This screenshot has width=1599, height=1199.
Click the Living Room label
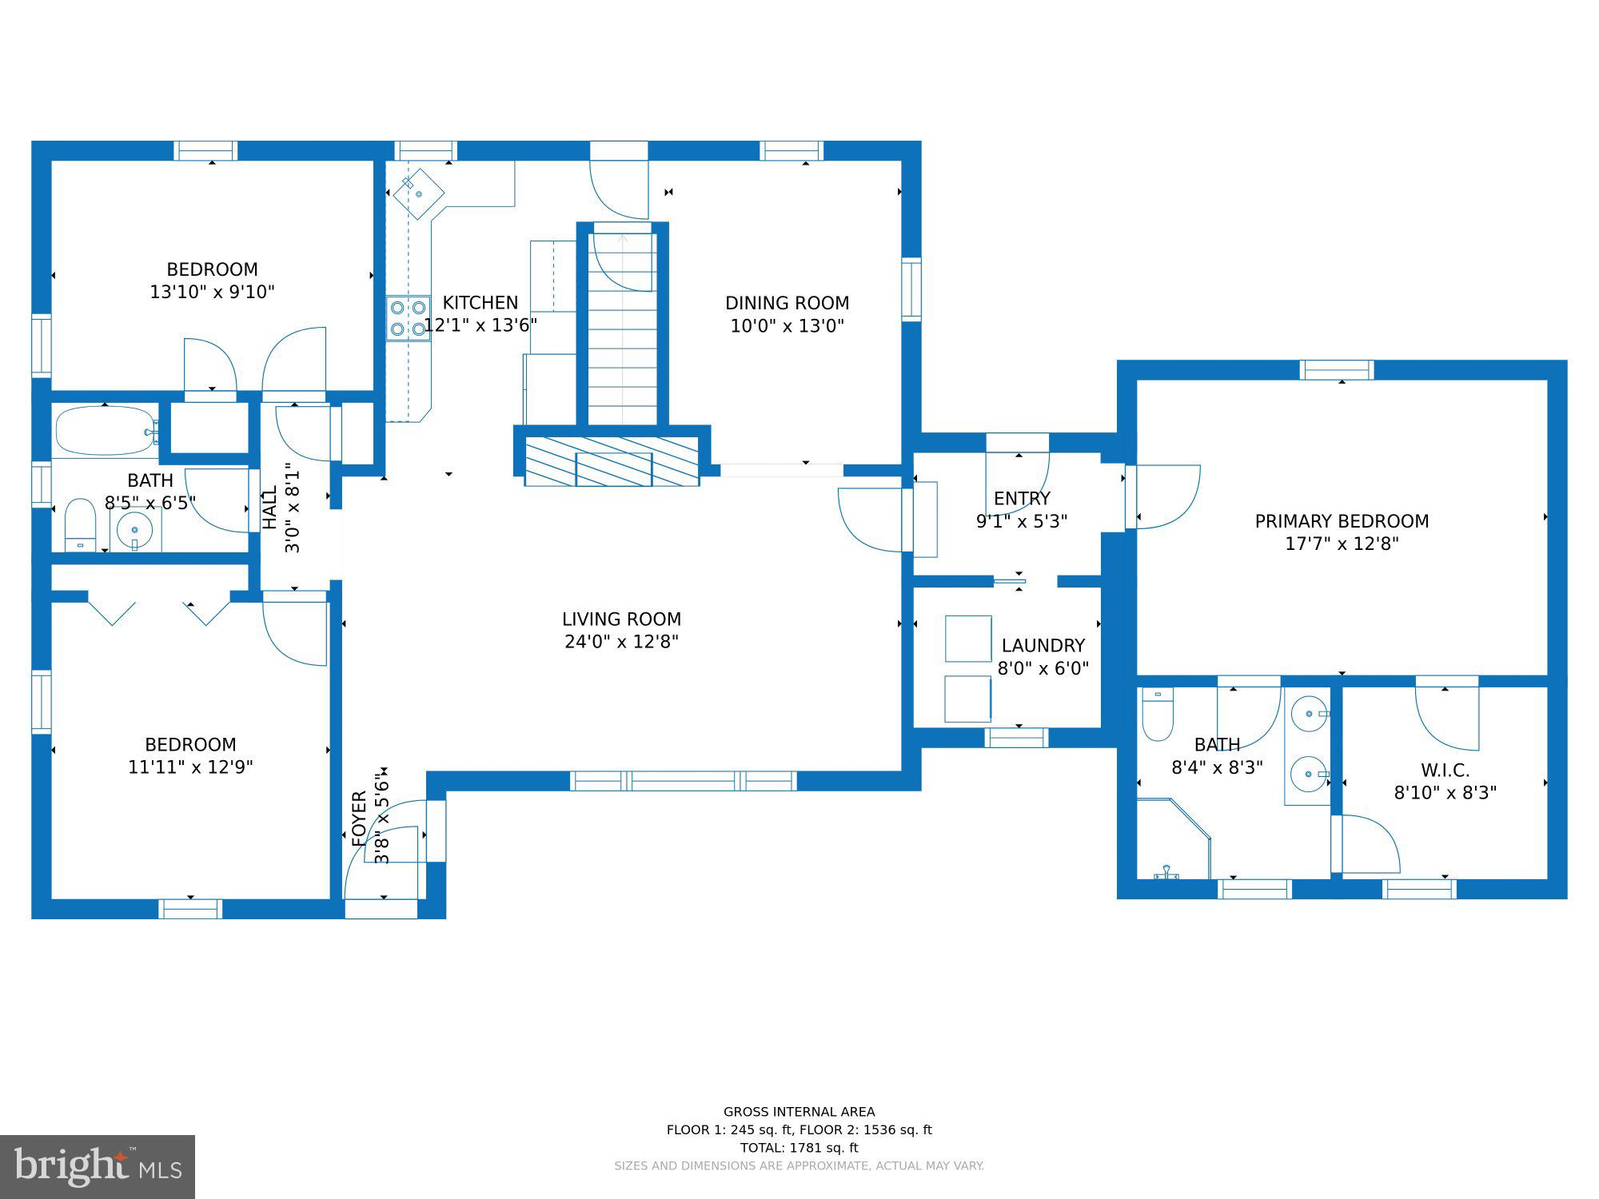[621, 619]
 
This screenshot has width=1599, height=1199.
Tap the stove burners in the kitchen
[408, 318]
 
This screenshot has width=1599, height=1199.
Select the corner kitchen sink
[418, 193]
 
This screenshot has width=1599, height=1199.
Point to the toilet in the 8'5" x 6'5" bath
[80, 524]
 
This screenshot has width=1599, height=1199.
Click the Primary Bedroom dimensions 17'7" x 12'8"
[1342, 544]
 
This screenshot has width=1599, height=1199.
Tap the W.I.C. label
[1445, 771]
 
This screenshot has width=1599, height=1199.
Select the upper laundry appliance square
[968, 639]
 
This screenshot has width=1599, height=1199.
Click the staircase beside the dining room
[623, 329]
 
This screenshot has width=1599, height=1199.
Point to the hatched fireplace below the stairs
[612, 461]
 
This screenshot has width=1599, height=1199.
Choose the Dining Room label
[787, 303]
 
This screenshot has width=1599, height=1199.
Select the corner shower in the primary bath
[1174, 839]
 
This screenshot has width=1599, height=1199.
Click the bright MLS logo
[98, 1167]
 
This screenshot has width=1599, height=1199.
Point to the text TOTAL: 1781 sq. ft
[799, 1148]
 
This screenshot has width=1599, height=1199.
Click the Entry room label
[1022, 499]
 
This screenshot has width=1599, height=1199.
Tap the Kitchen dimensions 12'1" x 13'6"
[480, 325]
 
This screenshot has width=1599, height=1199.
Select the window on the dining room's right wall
[911, 289]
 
